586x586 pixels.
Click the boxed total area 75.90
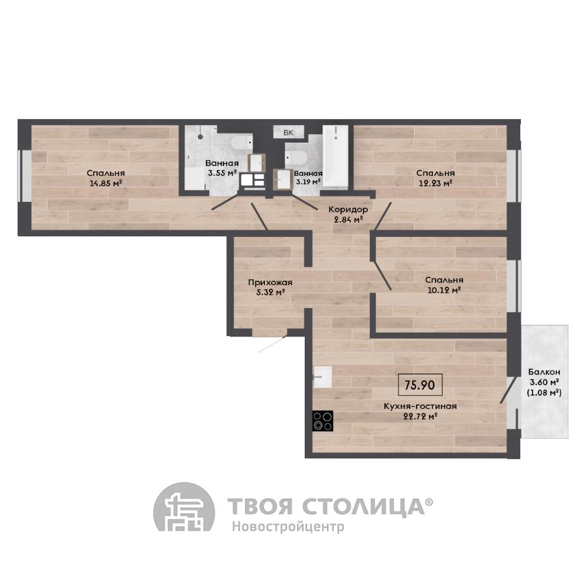click(x=420, y=385)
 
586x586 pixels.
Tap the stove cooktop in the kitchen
click(x=323, y=421)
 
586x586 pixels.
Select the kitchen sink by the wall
click(x=322, y=377)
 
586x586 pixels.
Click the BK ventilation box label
click(x=288, y=132)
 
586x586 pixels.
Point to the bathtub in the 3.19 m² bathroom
click(x=335, y=156)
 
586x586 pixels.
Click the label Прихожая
click(x=270, y=283)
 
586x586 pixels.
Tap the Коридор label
click(x=348, y=210)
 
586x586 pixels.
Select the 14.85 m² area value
click(x=106, y=183)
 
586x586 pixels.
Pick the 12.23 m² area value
click(x=436, y=183)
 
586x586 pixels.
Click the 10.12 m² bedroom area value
click(x=443, y=290)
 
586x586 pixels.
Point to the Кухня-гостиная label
click(x=420, y=406)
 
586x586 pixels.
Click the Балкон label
click(x=544, y=372)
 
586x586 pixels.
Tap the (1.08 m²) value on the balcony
click(x=544, y=393)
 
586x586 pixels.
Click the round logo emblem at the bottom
click(x=184, y=507)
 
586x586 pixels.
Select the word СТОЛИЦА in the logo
click(x=363, y=506)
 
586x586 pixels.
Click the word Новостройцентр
click(x=288, y=526)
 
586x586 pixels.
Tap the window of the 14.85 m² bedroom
click(x=26, y=176)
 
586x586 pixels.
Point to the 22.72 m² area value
click(x=420, y=416)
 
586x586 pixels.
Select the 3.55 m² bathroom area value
click(x=223, y=173)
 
